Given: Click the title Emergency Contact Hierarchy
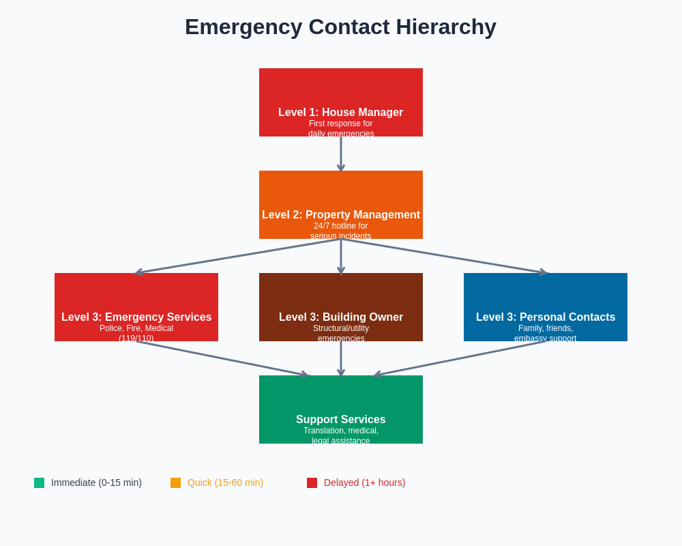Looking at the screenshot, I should pos(340,27).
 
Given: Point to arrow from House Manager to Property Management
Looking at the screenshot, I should pos(341,154).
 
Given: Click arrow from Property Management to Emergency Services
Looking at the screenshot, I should pos(239,256).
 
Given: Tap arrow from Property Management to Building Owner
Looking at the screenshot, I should pos(341,256).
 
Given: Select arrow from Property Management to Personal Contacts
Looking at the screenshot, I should pos(443,256).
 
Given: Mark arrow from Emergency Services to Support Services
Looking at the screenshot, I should pos(222,358).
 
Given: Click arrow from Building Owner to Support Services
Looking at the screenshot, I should pos(341,358).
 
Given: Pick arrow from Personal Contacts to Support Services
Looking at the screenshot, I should pos(460,358).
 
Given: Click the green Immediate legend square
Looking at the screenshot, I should pos(39,483).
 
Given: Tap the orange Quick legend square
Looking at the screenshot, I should pos(175,483).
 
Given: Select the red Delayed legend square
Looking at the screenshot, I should pos(312,483).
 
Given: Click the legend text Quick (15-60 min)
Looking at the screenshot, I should pos(225,483).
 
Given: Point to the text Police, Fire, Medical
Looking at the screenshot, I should pos(136,328).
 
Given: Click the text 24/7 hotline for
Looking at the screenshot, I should pos(340,226).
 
